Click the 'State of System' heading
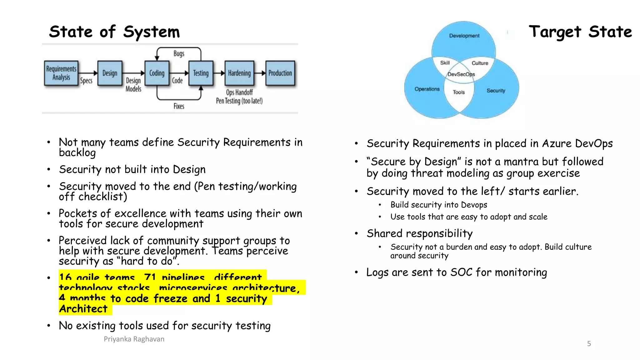114,32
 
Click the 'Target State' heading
580,32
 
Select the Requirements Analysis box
61,73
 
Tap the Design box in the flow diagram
110,73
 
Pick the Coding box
157,73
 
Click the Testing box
201,73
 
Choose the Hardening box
239,73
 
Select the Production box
280,73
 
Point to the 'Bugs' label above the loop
179,53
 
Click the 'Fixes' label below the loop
179,106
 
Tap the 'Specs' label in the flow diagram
86,81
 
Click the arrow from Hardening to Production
260,73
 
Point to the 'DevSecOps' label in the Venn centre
461,74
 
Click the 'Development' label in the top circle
464,36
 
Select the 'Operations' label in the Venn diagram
427,89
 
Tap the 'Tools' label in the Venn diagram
459,92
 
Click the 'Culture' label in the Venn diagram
480,63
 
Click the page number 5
589,344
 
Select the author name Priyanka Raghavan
134,339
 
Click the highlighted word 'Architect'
83,309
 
